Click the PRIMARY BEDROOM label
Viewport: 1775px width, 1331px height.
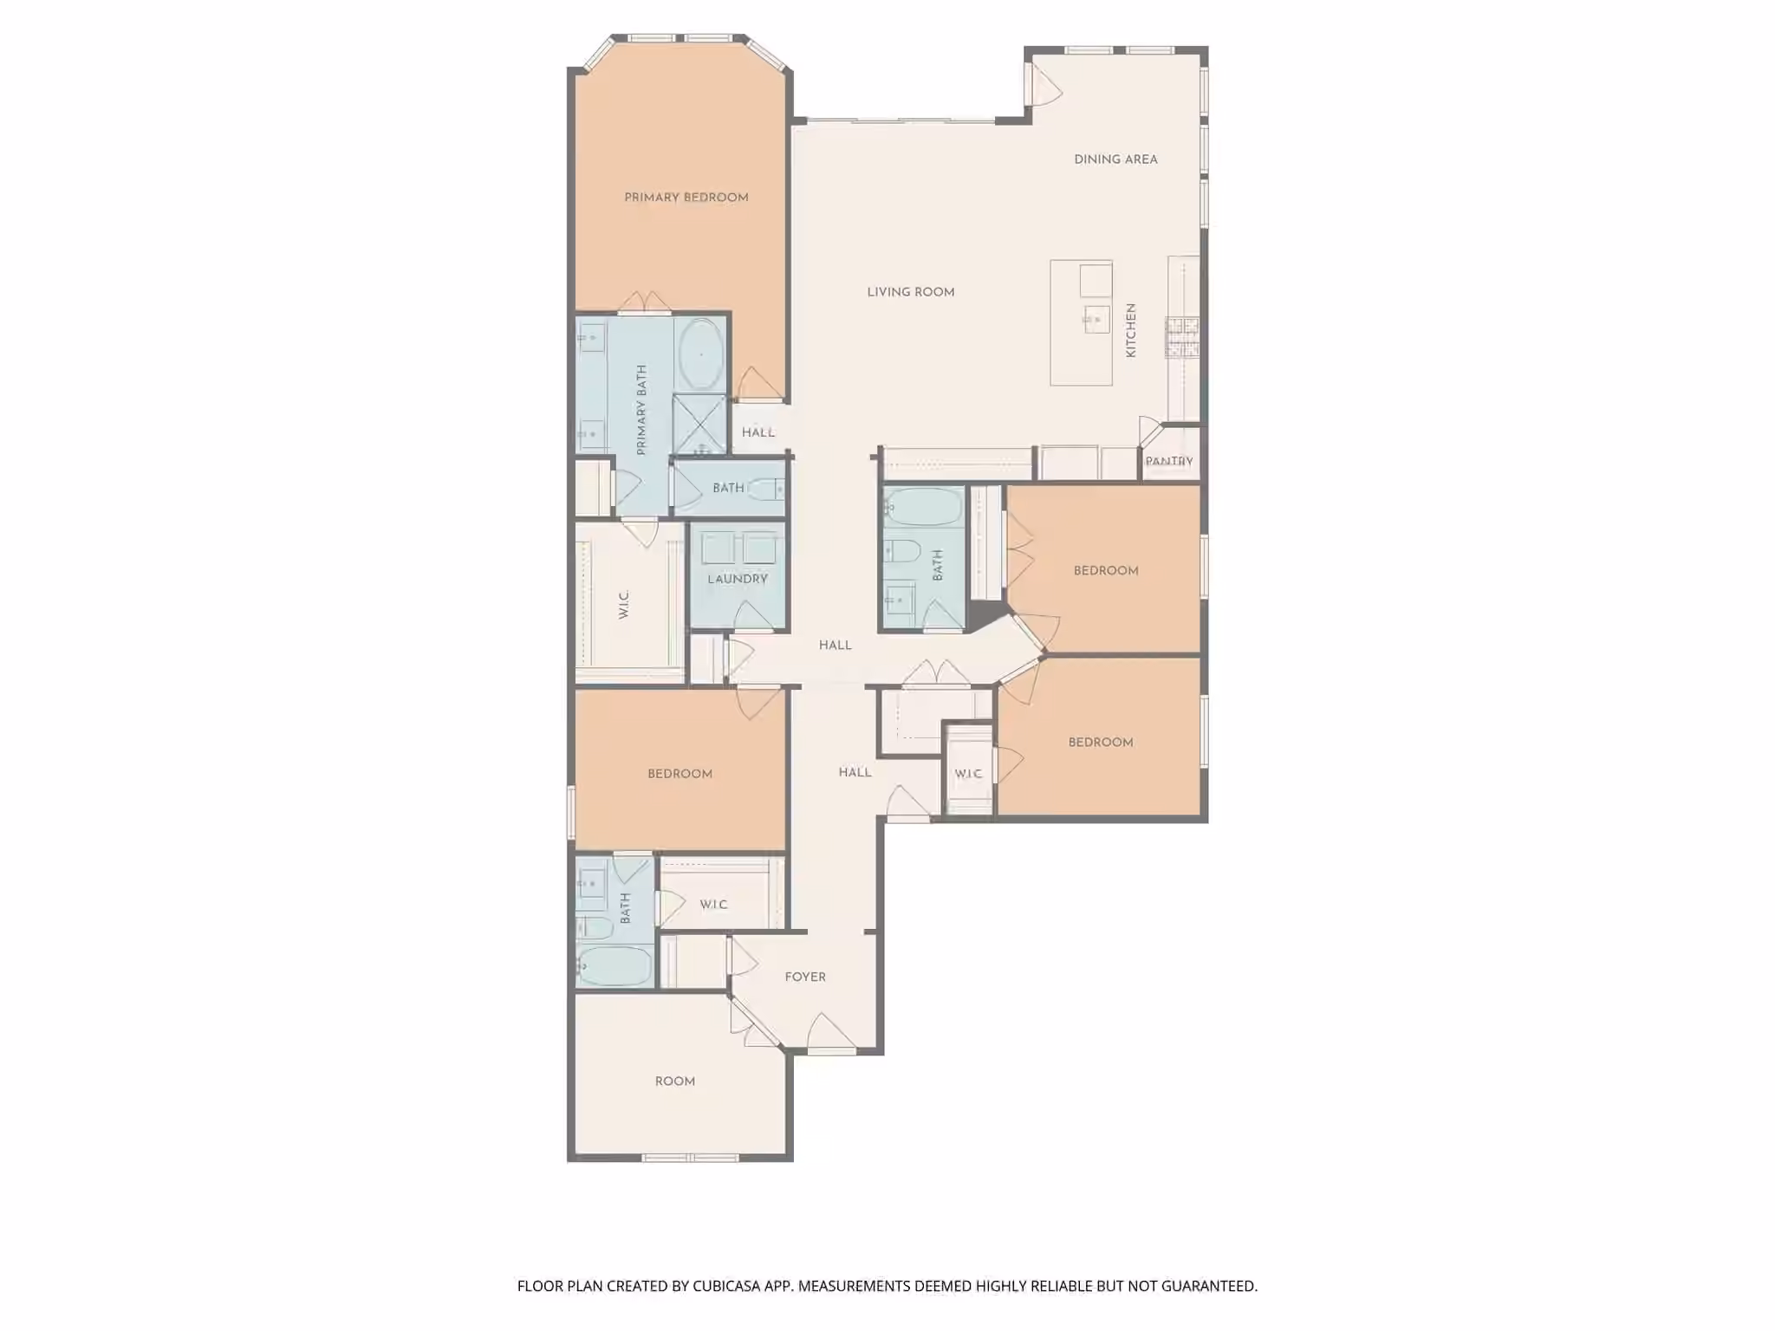(x=686, y=198)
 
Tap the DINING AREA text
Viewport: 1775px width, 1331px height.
(x=1115, y=159)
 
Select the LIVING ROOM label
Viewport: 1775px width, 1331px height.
(x=911, y=292)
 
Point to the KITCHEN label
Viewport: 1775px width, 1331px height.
(x=1131, y=330)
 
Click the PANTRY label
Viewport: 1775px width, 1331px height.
(x=1169, y=461)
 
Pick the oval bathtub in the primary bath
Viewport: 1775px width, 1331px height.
(x=701, y=354)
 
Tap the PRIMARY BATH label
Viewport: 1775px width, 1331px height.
(x=641, y=410)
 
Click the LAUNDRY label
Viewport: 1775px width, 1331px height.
(x=738, y=579)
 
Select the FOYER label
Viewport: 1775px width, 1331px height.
(x=805, y=977)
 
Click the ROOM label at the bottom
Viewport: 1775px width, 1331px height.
(x=675, y=1081)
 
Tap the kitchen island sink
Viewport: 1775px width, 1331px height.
(x=1096, y=319)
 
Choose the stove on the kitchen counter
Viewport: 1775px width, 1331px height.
(x=1183, y=338)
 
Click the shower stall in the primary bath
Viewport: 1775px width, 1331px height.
(x=699, y=425)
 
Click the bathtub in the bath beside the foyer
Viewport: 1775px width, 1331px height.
(x=614, y=966)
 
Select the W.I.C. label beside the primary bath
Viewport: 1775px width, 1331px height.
(x=624, y=604)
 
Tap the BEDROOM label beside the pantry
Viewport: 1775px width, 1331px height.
(x=1106, y=570)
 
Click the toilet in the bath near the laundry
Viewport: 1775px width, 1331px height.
(x=766, y=490)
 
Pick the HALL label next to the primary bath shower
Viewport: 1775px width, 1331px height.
(x=758, y=432)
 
